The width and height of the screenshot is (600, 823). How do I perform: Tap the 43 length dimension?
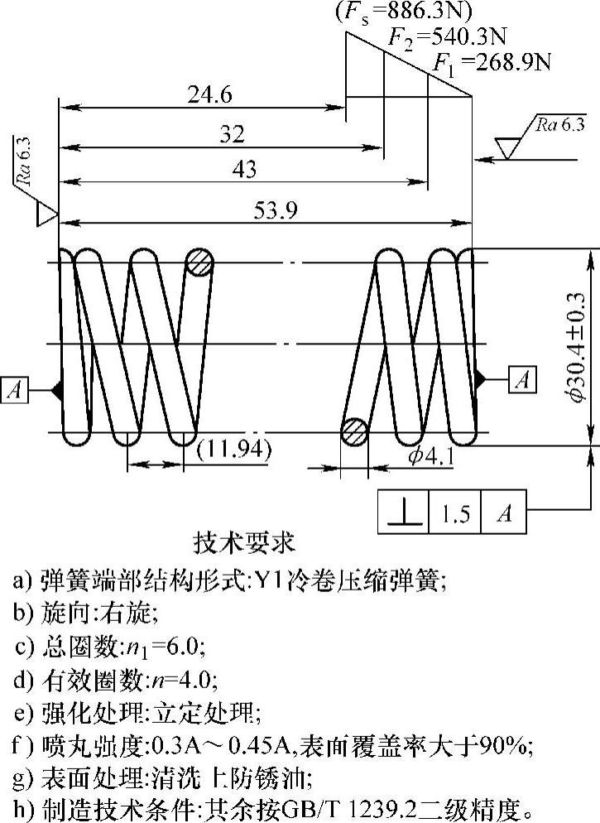point(244,171)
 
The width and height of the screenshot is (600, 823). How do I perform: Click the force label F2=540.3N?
point(448,37)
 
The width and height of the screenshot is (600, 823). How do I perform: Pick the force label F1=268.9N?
point(493,63)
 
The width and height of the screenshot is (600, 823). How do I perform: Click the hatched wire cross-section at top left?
point(199,264)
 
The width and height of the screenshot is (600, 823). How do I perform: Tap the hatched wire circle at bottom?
point(355,433)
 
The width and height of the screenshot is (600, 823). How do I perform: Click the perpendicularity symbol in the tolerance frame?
point(403,513)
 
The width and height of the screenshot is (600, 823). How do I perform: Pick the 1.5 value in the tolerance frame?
point(455,513)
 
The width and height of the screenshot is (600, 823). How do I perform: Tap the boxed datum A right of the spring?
point(521,378)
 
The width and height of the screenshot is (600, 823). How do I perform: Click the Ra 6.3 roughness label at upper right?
point(559,125)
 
